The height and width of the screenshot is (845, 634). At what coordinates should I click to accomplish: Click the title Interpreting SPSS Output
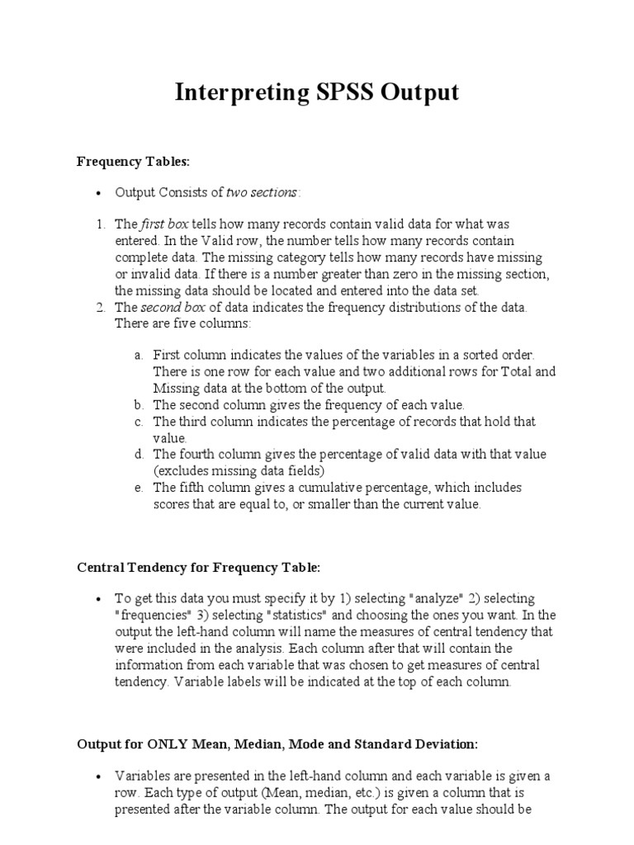(316, 92)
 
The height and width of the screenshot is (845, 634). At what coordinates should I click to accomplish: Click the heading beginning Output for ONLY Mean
(277, 744)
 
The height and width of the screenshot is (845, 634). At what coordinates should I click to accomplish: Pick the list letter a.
(138, 356)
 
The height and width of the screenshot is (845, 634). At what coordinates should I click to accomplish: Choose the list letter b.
(138, 405)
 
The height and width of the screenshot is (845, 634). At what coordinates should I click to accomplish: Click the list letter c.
(138, 422)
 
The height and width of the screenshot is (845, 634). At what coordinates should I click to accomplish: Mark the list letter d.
(138, 455)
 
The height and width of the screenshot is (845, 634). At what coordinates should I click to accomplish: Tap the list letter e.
(138, 488)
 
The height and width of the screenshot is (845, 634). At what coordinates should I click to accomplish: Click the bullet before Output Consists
(98, 193)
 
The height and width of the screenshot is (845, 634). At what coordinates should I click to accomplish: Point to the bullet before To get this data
(98, 599)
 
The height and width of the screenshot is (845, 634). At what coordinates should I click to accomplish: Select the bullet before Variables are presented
(98, 777)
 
